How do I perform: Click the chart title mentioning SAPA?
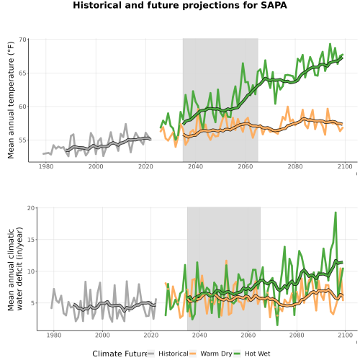click(x=180, y=5)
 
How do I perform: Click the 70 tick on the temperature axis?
click(x=22, y=40)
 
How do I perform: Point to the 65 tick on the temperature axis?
click(x=22, y=73)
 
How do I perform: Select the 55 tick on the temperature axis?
click(x=22, y=140)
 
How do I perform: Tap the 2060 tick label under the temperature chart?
click(x=246, y=166)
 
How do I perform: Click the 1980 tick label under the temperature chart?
click(x=46, y=166)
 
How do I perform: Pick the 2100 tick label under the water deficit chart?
click(x=345, y=335)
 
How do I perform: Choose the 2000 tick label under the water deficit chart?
click(x=102, y=335)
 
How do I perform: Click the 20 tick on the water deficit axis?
click(x=31, y=208)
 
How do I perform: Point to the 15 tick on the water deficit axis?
click(x=31, y=240)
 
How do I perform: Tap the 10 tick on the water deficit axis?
click(x=31, y=271)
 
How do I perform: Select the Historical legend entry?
click(x=168, y=354)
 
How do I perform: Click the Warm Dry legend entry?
click(x=211, y=354)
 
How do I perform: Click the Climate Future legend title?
click(x=120, y=354)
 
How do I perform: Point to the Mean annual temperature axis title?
click(x=11, y=100)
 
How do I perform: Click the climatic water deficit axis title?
click(x=15, y=269)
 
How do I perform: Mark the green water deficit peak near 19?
click(x=336, y=212)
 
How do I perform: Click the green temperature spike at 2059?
click(x=243, y=63)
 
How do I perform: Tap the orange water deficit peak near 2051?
click(x=226, y=261)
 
